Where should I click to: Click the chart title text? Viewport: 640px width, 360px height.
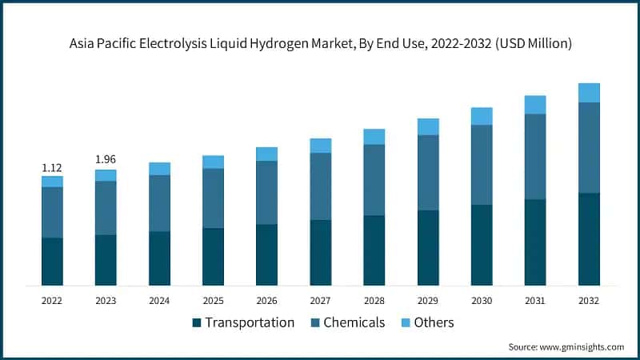click(320, 44)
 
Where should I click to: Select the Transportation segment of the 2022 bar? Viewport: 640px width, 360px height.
click(52, 262)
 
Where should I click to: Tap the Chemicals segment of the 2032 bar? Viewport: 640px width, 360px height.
click(589, 148)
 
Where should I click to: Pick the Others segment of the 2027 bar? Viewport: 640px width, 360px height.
click(320, 145)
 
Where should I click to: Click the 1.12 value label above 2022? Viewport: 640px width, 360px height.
click(52, 168)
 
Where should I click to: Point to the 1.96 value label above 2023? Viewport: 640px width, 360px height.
click(106, 159)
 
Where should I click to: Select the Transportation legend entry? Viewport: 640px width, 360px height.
click(243, 322)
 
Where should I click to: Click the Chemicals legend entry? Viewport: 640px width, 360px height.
click(352, 322)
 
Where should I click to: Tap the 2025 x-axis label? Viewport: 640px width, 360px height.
click(213, 301)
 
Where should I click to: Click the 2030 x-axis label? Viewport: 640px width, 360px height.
click(481, 301)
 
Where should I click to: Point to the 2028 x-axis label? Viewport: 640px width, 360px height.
click(374, 301)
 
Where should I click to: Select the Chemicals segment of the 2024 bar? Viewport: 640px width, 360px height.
click(159, 203)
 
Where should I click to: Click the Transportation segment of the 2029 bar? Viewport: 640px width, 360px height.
click(427, 248)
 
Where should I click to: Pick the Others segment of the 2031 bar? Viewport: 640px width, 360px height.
click(534, 105)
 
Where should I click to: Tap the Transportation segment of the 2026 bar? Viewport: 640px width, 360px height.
click(266, 254)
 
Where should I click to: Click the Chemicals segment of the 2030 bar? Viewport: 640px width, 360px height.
click(481, 165)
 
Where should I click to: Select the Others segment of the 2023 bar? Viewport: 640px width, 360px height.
click(106, 175)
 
